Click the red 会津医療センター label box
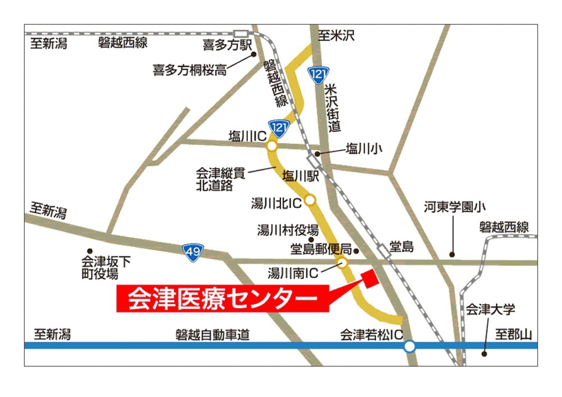point(223,298)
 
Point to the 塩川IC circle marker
point(272,147)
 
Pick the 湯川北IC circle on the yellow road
point(310,200)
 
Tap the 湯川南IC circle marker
point(342,263)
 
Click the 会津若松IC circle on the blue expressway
point(410,346)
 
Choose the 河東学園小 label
point(454,207)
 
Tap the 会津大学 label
point(491,310)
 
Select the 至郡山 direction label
point(513,335)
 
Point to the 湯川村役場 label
point(288,230)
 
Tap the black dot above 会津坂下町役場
point(89,251)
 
